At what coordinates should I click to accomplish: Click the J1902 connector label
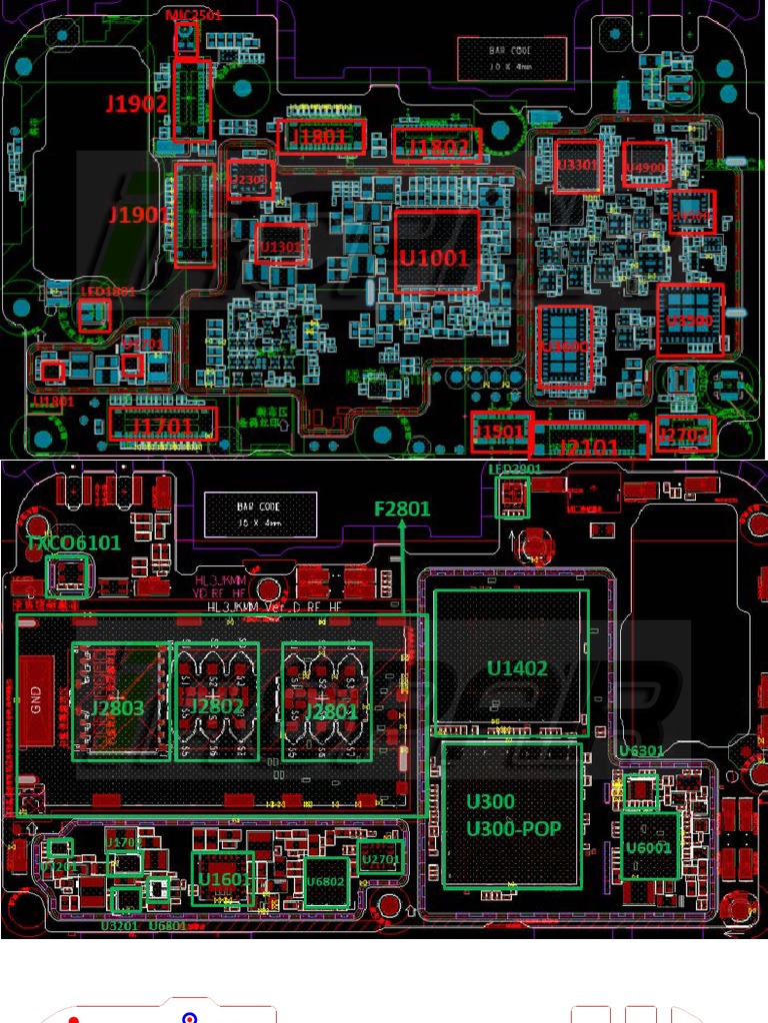(x=137, y=104)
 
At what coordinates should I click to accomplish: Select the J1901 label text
(x=139, y=215)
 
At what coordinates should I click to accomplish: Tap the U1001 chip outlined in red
(x=435, y=257)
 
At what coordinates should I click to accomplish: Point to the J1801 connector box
(x=320, y=136)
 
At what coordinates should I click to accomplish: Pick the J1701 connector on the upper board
(x=162, y=427)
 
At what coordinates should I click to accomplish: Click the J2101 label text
(x=589, y=447)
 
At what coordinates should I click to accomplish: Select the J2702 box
(x=685, y=435)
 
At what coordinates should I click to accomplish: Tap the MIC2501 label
(x=194, y=15)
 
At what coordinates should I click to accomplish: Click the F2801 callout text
(x=402, y=509)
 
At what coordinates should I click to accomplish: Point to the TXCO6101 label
(x=73, y=542)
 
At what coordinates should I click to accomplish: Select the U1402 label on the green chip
(x=517, y=667)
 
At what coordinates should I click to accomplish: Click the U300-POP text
(x=513, y=828)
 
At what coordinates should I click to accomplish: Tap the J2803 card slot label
(x=118, y=708)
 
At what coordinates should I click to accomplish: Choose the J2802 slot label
(x=215, y=706)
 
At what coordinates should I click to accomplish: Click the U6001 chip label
(x=649, y=848)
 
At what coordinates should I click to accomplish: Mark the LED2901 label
(x=515, y=469)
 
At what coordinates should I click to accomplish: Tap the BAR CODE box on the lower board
(x=261, y=514)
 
